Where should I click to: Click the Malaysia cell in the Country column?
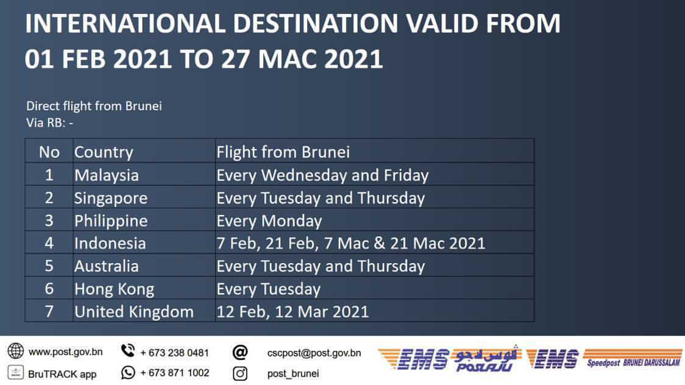(144, 175)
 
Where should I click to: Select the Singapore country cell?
(144, 197)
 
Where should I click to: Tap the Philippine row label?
(144, 220)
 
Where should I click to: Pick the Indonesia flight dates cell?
(374, 242)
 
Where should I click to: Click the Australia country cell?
(144, 266)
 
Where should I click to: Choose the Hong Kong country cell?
(144, 288)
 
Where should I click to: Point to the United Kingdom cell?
(144, 311)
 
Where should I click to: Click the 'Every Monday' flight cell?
(374, 220)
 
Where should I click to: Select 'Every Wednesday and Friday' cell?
(374, 175)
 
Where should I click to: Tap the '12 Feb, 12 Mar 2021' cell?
(374, 311)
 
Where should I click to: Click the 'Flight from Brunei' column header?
(374, 152)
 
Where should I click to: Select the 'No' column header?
(49, 152)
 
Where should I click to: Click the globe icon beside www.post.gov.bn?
(16, 350)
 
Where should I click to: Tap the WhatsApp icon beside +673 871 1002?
(128, 372)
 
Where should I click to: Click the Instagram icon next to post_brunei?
(240, 373)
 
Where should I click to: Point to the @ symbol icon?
(240, 352)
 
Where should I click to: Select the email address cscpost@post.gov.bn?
(314, 353)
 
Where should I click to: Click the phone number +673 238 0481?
(174, 352)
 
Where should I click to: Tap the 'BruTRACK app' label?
(62, 374)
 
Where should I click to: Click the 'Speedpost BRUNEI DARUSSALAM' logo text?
(633, 362)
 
